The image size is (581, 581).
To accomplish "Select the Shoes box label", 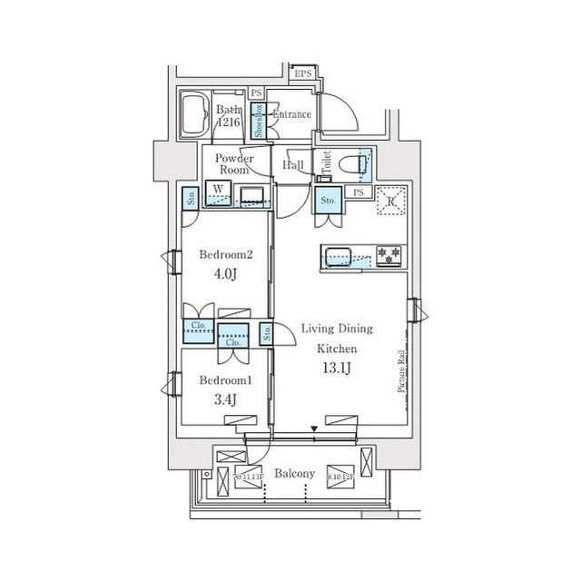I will (257, 121).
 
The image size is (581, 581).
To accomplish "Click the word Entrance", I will (292, 115).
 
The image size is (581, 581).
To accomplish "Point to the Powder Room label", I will (234, 163).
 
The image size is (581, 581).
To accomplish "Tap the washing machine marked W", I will (218, 192).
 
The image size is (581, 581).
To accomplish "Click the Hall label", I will (293, 165).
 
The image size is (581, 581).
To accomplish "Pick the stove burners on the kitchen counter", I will (389, 255).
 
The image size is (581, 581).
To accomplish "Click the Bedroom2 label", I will (224, 256).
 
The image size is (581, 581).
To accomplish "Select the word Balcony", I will (295, 474).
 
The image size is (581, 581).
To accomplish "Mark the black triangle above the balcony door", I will (315, 428).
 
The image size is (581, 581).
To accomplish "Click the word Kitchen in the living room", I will (336, 349).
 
